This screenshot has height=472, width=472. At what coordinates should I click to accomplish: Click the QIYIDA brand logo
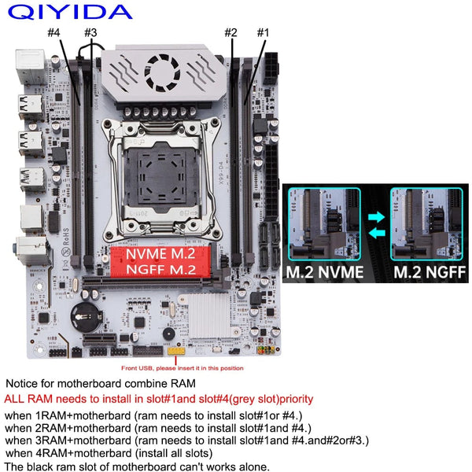[72, 12]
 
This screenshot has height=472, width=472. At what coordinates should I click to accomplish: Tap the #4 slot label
[54, 32]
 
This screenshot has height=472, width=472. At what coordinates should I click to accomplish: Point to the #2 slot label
[230, 32]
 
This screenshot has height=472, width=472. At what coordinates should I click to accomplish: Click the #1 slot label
[263, 32]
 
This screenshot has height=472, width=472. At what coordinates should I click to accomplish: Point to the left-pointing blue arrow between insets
[377, 231]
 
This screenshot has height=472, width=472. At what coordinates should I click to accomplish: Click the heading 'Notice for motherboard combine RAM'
[101, 383]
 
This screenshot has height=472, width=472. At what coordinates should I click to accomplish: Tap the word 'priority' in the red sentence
[289, 399]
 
